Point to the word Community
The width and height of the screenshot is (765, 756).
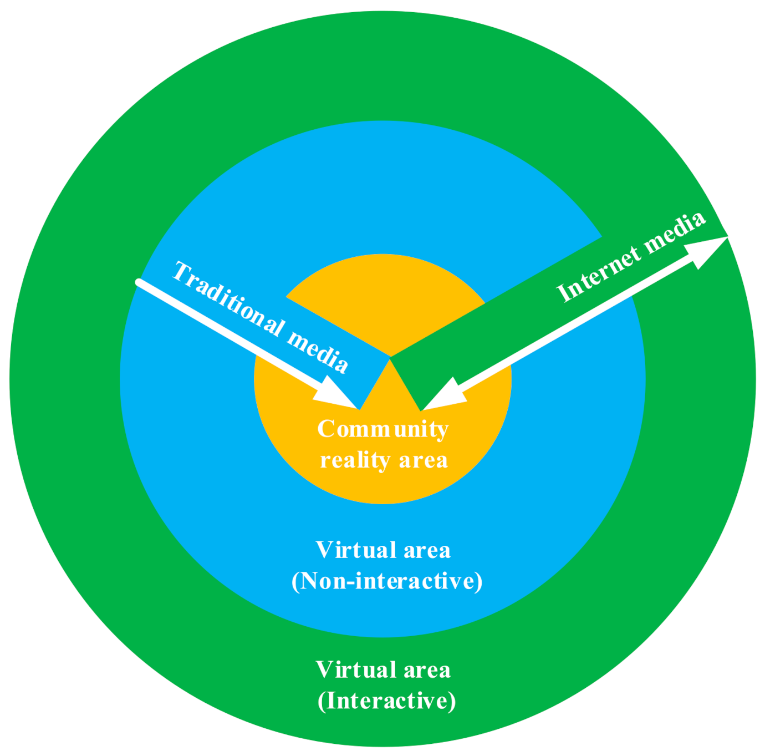(x=382, y=429)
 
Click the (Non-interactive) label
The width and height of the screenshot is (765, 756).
(x=387, y=581)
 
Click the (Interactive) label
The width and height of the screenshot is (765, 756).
(x=386, y=701)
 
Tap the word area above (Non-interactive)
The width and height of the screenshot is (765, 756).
(x=427, y=550)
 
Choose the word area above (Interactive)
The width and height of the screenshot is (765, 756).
(x=427, y=670)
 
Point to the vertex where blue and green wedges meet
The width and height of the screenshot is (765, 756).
(x=390, y=357)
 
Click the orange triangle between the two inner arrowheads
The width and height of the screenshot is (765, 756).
(x=390, y=394)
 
